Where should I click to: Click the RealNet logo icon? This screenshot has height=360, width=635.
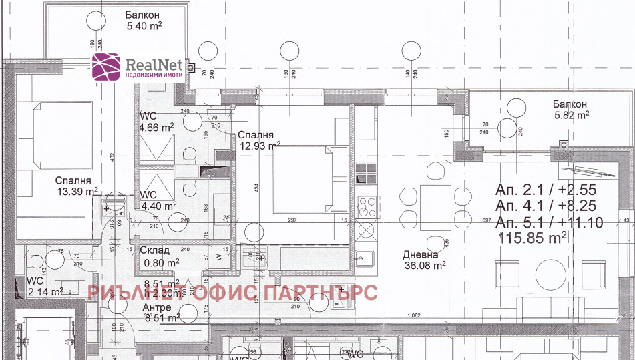(106, 68)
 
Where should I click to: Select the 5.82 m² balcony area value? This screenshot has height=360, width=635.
(570, 115)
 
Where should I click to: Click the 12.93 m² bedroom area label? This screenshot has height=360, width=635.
(260, 146)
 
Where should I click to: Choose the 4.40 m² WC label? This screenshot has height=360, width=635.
(157, 206)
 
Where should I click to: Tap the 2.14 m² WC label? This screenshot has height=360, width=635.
(45, 291)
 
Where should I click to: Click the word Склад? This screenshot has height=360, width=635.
(154, 250)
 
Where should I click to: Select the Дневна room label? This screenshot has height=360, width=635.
(420, 254)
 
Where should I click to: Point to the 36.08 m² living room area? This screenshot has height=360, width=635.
(424, 266)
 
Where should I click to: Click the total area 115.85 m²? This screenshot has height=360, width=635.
(533, 237)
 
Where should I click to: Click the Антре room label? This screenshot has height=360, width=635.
(158, 307)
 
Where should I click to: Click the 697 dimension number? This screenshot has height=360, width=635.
(485, 220)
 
